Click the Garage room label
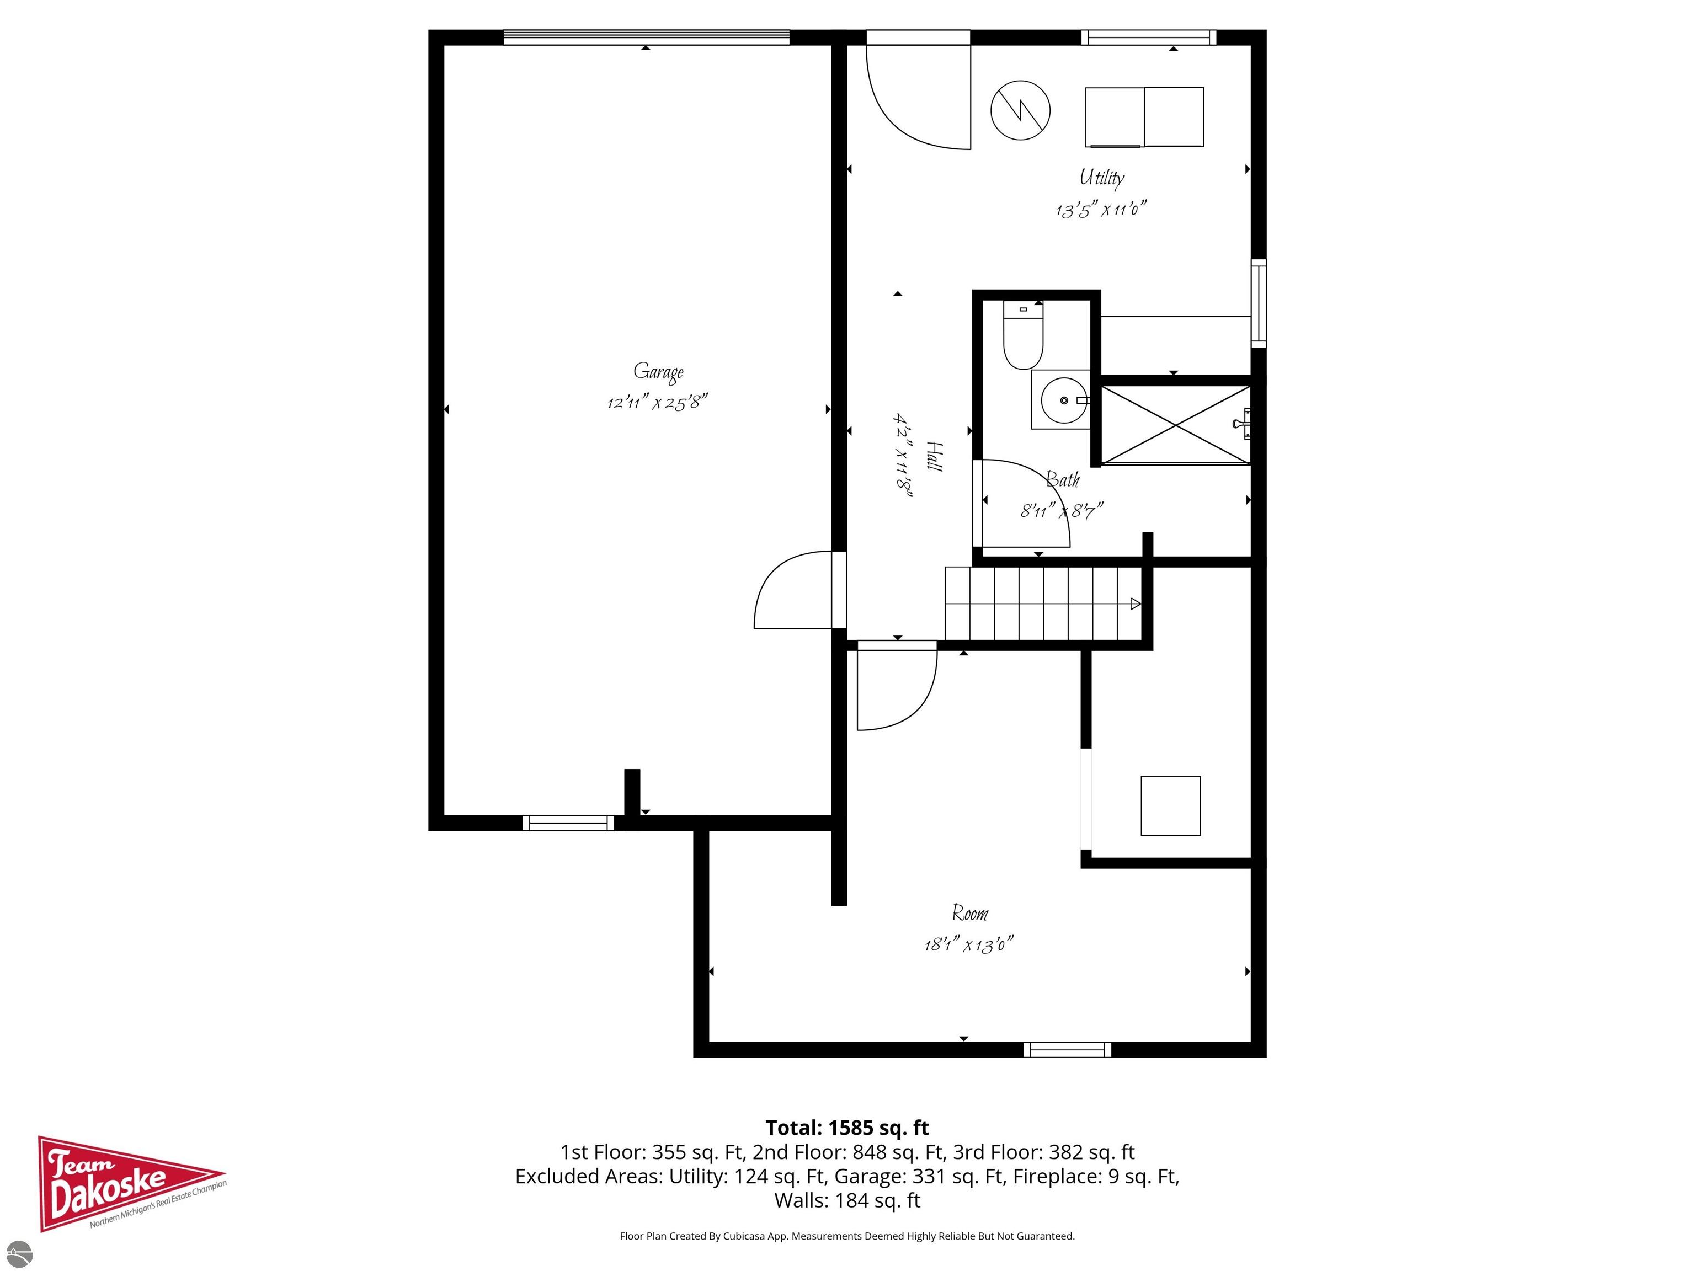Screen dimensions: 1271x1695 pyautogui.click(x=658, y=372)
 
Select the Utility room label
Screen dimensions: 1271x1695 pyautogui.click(x=1101, y=178)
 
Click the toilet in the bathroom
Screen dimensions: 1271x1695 pyautogui.click(x=1023, y=338)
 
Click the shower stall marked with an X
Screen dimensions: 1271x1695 pyautogui.click(x=1175, y=425)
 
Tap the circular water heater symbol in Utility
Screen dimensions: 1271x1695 pyautogui.click(x=1020, y=110)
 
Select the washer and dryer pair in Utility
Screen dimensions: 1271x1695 pyautogui.click(x=1143, y=116)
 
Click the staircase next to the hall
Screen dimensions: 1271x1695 pyautogui.click(x=1042, y=604)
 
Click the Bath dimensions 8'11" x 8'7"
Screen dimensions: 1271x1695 pyautogui.click(x=1061, y=510)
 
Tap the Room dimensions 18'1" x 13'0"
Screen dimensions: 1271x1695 pyautogui.click(x=968, y=944)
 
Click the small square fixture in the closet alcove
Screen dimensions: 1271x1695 pyautogui.click(x=1170, y=805)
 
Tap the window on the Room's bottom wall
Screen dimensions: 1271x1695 pyautogui.click(x=1067, y=1050)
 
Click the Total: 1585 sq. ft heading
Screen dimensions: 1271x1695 pyautogui.click(x=847, y=1128)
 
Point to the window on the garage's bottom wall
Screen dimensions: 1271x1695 pyautogui.click(x=568, y=823)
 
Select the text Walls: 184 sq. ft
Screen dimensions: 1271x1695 pyautogui.click(x=847, y=1200)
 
